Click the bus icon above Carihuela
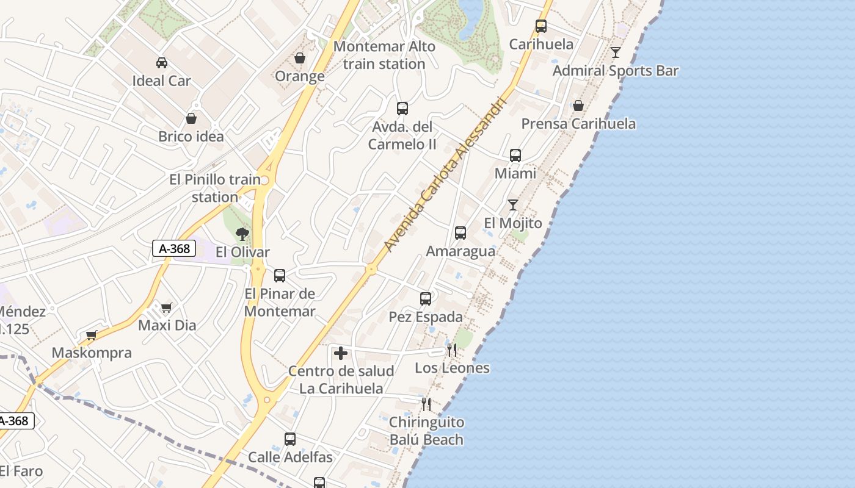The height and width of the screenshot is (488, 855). pos(540,26)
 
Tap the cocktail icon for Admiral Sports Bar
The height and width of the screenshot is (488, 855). pos(616,52)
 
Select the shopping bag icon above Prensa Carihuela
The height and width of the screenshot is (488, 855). pos(578,106)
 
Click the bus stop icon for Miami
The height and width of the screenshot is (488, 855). pos(515,156)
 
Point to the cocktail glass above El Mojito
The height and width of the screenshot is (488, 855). pos(513,205)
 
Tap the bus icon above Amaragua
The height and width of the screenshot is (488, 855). pos(460,233)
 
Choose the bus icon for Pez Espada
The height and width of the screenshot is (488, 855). pos(426,299)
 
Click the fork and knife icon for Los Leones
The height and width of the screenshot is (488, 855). pos(452,350)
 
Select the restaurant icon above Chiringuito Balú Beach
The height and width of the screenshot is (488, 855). pos(426,404)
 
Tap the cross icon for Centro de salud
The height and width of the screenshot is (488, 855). pos(341,353)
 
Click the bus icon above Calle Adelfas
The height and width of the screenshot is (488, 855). pos(290,439)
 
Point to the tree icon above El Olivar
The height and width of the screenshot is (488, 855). pos(242,234)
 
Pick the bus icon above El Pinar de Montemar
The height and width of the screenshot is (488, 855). pos(280,276)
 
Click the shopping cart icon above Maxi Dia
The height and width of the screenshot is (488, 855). pos(167,307)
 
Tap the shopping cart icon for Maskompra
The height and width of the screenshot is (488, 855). pos(92,335)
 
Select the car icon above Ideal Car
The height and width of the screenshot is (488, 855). pos(162,62)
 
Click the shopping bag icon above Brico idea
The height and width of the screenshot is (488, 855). pos(191,118)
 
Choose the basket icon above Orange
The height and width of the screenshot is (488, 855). pos(300,58)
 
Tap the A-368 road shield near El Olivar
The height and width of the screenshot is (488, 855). pos(174,248)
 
